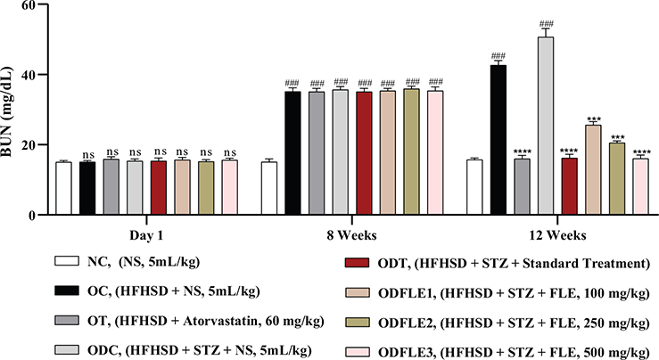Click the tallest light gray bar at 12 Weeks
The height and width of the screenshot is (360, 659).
pyautogui.click(x=546, y=126)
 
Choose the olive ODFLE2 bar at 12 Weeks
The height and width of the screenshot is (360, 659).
pyautogui.click(x=617, y=179)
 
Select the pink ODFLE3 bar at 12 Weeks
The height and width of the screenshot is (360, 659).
pyautogui.click(x=640, y=187)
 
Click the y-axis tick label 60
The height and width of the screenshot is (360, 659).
pyautogui.click(x=35, y=5)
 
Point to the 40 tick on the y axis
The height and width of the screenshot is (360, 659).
pyautogui.click(x=35, y=75)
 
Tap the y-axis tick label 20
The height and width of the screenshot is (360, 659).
pyautogui.click(x=35, y=145)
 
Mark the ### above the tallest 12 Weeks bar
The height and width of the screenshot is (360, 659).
pyautogui.click(x=546, y=23)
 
